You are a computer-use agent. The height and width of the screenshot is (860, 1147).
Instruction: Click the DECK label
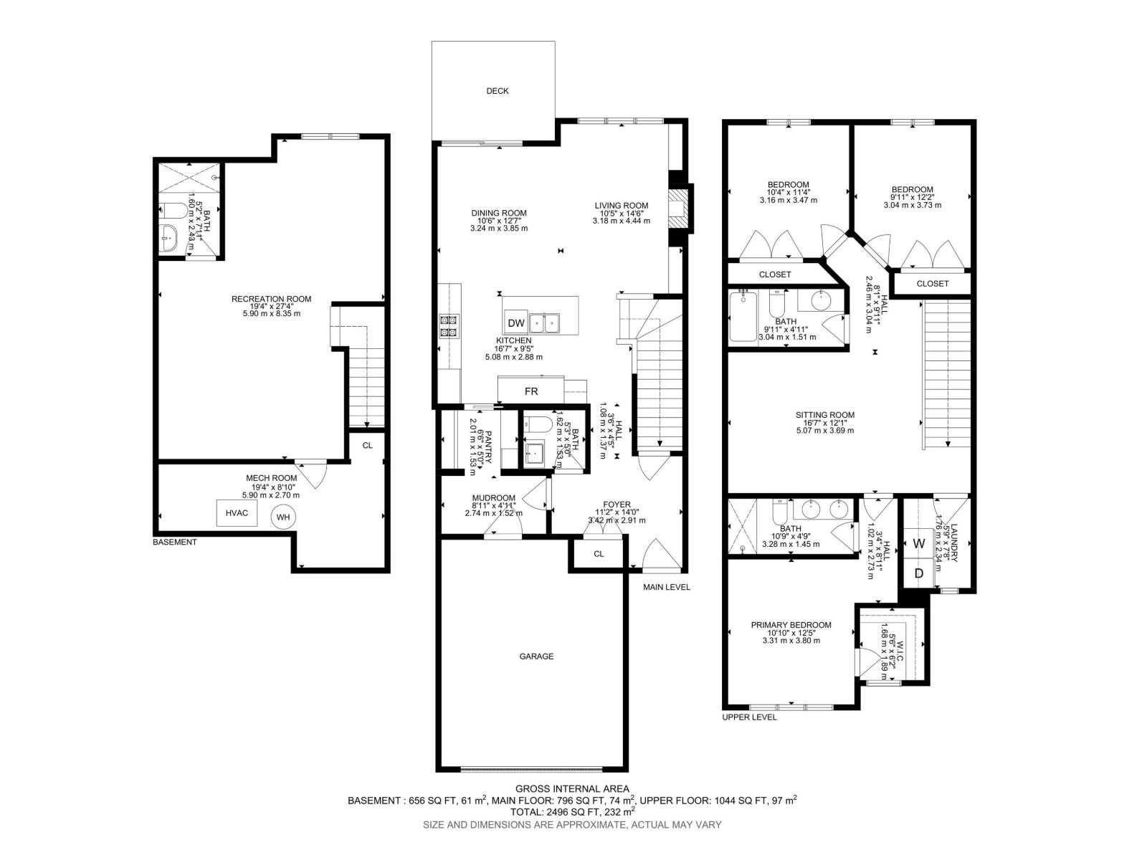tap(497, 91)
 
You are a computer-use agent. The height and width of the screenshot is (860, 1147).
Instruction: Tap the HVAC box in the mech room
tap(237, 513)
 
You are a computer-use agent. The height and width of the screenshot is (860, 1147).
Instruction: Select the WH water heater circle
tap(283, 517)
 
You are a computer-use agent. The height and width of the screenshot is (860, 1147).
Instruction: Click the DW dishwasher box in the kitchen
tap(516, 323)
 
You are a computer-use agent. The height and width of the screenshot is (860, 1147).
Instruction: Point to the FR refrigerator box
tap(531, 391)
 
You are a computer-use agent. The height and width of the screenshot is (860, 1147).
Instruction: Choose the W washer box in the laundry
tap(919, 543)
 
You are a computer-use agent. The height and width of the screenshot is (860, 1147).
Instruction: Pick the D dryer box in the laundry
tap(919, 573)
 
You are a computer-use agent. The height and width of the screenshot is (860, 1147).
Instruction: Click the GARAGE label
tap(536, 656)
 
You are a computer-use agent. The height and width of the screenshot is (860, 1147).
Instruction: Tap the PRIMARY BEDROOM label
tap(791, 625)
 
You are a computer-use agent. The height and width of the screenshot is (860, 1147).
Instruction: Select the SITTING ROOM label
tap(824, 415)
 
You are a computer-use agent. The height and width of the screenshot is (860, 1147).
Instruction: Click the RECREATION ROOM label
tap(271, 299)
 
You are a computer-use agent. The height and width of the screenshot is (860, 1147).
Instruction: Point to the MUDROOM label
tap(493, 498)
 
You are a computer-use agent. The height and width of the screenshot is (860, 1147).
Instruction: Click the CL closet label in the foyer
tap(599, 554)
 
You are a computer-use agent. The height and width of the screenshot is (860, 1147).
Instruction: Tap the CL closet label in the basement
tap(367, 445)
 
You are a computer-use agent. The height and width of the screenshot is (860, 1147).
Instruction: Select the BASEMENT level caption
tap(174, 543)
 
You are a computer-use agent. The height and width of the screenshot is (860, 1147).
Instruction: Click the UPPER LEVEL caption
tap(749, 717)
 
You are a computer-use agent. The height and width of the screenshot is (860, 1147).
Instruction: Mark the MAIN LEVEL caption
tap(666, 588)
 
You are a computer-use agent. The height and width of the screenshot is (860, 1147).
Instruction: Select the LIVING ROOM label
tap(621, 206)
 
